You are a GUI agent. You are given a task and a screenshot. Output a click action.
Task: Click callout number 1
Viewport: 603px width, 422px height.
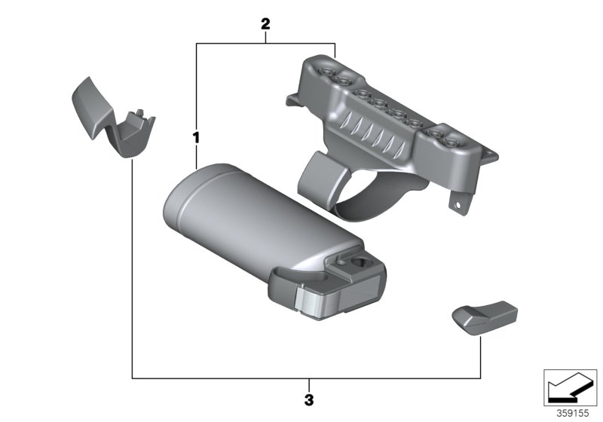tap(196, 138)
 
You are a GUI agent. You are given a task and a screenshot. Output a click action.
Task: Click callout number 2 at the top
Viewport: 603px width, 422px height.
tap(265, 24)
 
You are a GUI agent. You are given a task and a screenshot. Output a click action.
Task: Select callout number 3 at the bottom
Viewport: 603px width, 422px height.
tap(309, 399)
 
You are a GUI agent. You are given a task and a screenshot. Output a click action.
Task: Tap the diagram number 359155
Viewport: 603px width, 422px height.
tap(573, 414)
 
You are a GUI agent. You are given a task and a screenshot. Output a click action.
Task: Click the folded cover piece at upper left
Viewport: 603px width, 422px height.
tap(113, 118)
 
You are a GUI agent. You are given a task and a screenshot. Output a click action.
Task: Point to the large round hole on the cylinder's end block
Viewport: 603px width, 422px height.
tap(360, 262)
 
